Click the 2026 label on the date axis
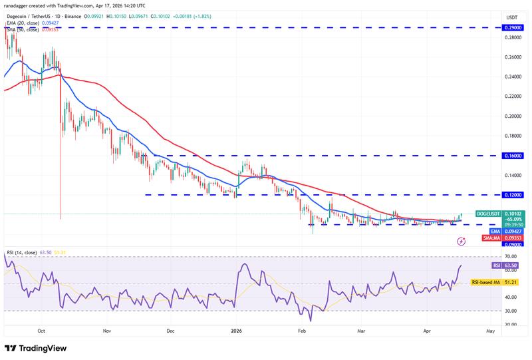[x=237, y=329]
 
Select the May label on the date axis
[x=490, y=329]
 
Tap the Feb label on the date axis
[x=302, y=329]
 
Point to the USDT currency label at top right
[x=511, y=17]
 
